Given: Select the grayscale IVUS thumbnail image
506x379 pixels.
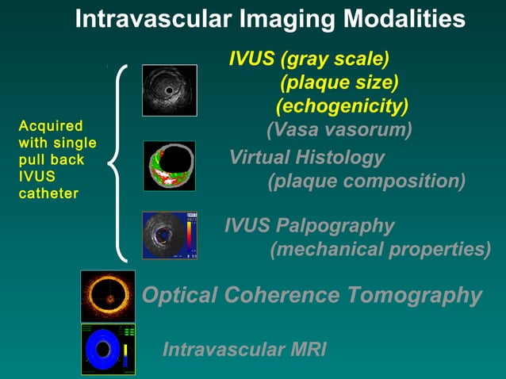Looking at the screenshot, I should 169,90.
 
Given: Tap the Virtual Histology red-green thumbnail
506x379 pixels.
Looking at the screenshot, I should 169,165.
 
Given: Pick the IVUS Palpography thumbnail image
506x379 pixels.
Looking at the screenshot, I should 169,235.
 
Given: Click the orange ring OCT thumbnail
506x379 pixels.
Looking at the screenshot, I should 108,296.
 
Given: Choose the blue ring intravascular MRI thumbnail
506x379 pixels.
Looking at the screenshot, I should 108,348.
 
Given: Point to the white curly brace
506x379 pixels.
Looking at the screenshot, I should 119,163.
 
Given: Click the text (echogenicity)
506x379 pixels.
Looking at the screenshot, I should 342,105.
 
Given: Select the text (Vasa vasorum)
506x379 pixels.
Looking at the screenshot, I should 339,129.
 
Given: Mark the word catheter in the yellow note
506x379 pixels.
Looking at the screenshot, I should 48,193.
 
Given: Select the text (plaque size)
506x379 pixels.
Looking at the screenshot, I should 339,82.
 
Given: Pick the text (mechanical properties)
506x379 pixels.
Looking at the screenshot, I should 380,250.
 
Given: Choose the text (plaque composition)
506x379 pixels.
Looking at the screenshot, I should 366,181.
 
